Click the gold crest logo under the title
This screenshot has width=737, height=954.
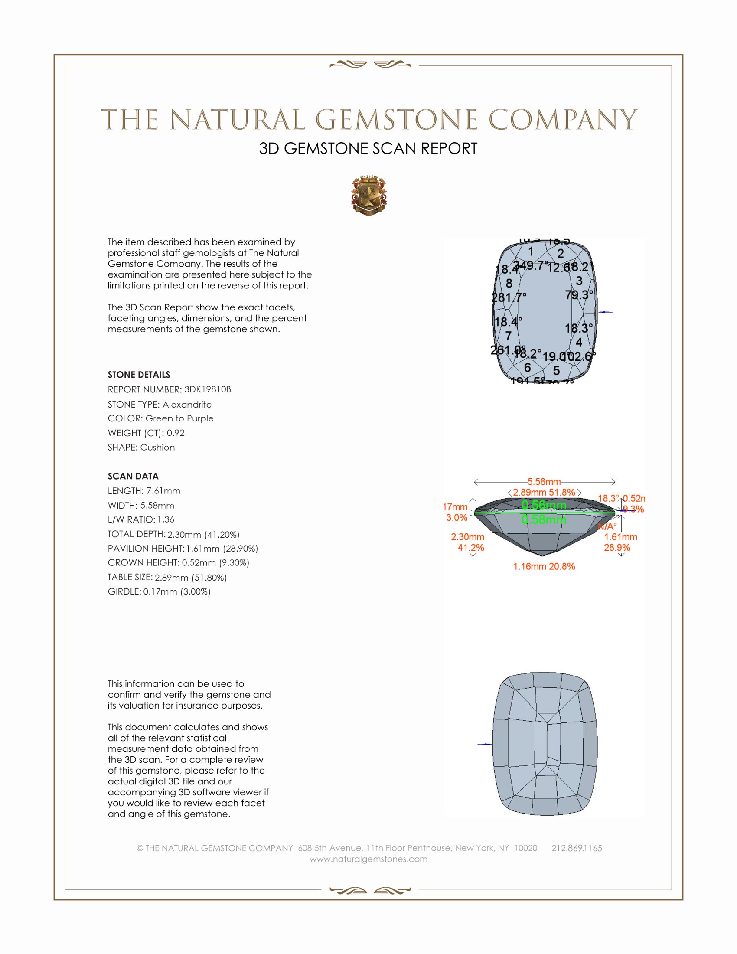(369, 196)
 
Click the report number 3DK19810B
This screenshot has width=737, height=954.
(207, 389)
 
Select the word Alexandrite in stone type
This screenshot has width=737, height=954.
(187, 405)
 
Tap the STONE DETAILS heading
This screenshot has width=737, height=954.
(139, 375)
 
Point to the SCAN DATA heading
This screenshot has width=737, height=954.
(133, 476)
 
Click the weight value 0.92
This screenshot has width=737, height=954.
(176, 433)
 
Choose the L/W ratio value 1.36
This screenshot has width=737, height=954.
(166, 519)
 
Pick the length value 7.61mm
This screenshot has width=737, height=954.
(163, 491)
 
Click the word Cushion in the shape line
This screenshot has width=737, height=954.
(158, 448)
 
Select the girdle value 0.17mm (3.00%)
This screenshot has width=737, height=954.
(177, 592)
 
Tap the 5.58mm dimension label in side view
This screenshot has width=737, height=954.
(544, 482)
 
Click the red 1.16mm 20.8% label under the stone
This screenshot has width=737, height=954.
(544, 567)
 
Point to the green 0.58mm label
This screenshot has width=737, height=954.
(544, 520)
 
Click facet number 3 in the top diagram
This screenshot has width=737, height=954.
(579, 281)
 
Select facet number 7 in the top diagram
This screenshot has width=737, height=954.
(509, 336)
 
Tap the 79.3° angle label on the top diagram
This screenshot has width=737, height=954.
(579, 295)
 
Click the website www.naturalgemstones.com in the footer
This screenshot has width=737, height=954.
(368, 859)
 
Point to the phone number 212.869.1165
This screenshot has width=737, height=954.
(577, 848)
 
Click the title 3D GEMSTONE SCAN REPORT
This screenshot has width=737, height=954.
(368, 148)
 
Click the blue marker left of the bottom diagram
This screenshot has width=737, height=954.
(484, 744)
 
